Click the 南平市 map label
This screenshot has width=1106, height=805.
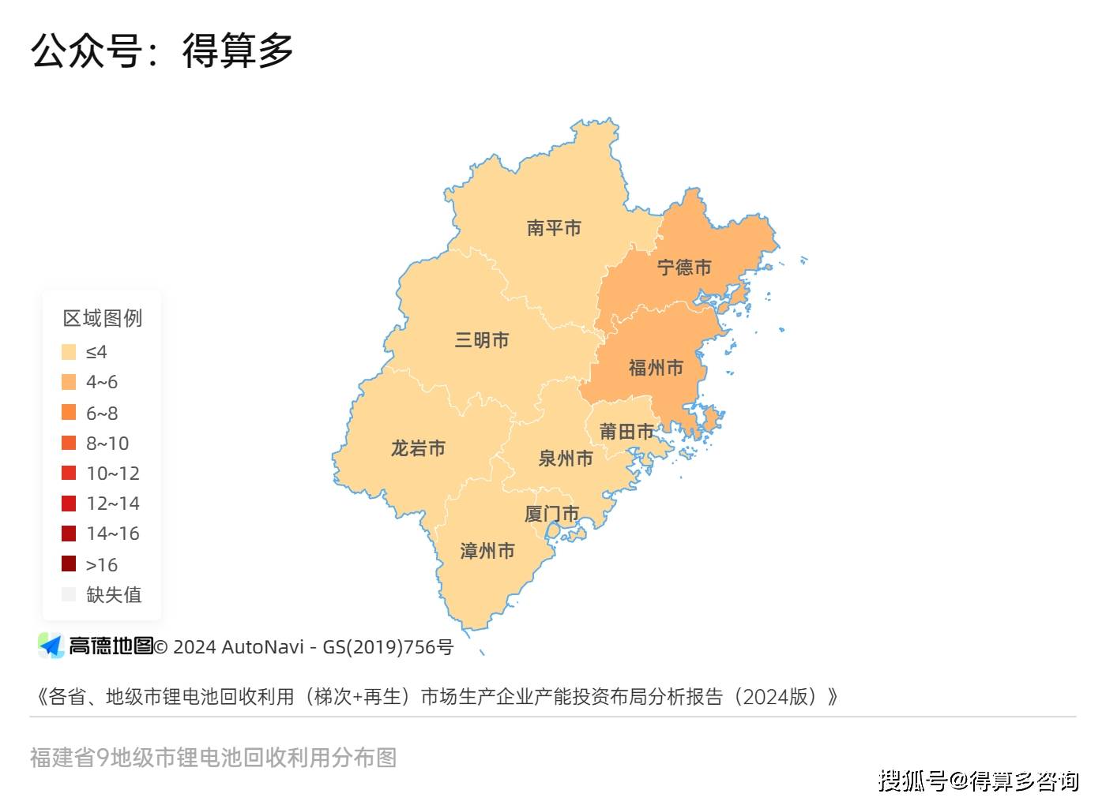click(554, 228)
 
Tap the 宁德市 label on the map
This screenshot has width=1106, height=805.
click(684, 268)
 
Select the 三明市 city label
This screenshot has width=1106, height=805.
click(482, 340)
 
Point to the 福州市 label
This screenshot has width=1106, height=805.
click(656, 368)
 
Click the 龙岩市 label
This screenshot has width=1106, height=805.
click(418, 448)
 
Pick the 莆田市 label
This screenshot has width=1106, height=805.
click(626, 432)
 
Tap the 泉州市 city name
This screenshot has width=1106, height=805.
click(566, 459)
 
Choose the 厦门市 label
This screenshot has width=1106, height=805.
click(551, 515)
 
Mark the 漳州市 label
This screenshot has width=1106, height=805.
click(487, 551)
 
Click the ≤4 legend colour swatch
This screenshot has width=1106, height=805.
click(69, 352)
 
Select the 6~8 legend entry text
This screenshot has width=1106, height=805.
click(102, 413)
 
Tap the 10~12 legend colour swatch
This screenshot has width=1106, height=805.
click(69, 473)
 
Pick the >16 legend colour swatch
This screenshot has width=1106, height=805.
click(69, 564)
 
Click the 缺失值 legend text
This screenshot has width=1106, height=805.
click(114, 594)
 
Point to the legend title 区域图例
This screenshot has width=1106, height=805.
click(103, 318)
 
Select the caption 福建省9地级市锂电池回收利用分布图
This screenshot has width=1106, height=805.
click(213, 758)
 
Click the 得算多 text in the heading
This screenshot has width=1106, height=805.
click(238, 51)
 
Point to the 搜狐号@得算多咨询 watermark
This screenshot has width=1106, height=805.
click(979, 781)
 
